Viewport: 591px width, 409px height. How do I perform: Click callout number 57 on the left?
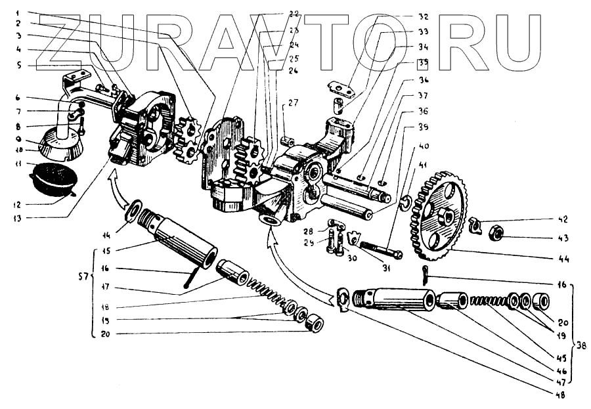[x=84, y=287]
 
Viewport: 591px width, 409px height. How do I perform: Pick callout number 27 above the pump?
[x=292, y=102]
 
